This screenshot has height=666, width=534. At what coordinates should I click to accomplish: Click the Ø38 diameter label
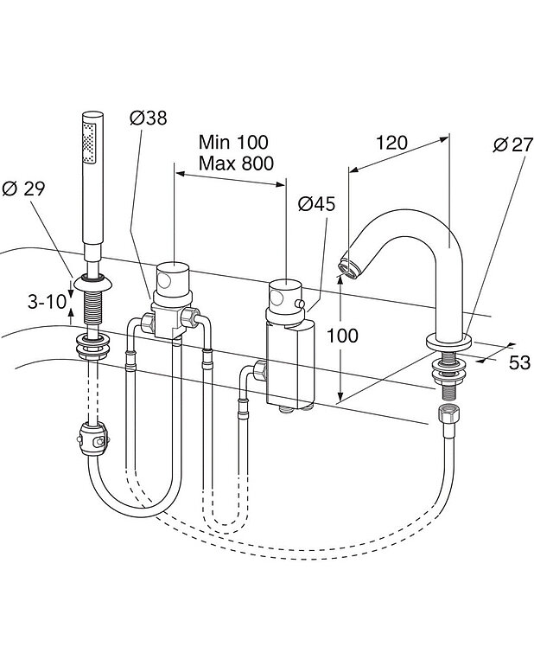click(148, 118)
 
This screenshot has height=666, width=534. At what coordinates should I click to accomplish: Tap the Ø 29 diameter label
click(23, 189)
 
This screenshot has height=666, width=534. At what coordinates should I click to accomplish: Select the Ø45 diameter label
click(316, 204)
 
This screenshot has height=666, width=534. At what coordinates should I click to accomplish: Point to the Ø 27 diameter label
click(512, 144)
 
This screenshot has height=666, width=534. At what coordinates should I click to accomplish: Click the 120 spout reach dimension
click(391, 143)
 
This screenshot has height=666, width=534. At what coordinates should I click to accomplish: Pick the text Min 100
click(233, 142)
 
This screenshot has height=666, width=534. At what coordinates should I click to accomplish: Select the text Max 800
click(237, 163)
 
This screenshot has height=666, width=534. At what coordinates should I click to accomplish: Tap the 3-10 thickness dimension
click(48, 302)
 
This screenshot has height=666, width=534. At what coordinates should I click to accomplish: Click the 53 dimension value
click(519, 362)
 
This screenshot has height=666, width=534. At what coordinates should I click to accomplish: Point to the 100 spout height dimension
click(342, 336)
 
